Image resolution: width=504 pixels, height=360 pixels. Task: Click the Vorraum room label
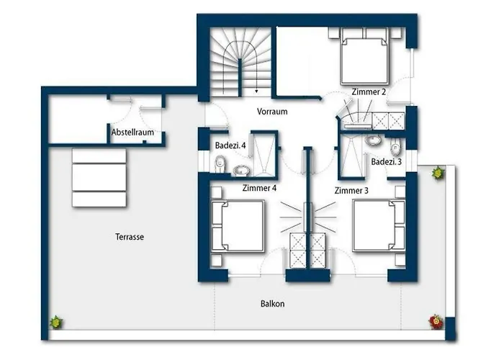[x=272, y=112]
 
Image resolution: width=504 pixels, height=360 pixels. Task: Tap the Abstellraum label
[x=132, y=132]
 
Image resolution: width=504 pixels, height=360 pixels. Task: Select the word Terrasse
[x=130, y=237]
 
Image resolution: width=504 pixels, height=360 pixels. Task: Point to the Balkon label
[x=273, y=304]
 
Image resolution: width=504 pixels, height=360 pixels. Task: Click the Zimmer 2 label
[x=369, y=92]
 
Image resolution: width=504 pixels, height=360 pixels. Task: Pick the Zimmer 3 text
[x=351, y=191]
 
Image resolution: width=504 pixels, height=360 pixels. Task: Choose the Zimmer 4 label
[x=259, y=188]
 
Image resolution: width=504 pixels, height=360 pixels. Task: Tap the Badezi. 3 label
[x=387, y=162]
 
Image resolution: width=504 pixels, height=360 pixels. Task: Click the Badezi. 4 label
[x=230, y=145]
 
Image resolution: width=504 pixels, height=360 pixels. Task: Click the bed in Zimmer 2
[x=364, y=57]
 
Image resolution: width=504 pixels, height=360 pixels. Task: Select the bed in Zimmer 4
[x=238, y=225]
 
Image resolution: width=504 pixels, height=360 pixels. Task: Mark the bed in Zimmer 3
[x=379, y=225]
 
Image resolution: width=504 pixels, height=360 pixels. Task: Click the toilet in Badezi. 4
[x=220, y=163]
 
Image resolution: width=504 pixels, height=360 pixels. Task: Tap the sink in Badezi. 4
[x=241, y=171]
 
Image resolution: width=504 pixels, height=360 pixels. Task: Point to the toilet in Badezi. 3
[x=395, y=148]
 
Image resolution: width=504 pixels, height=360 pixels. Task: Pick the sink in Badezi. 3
[x=373, y=140]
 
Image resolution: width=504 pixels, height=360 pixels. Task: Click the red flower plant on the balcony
[x=436, y=321]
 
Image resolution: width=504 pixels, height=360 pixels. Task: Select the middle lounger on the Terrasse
[x=99, y=177]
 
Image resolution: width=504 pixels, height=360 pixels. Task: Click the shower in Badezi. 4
[x=264, y=154]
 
